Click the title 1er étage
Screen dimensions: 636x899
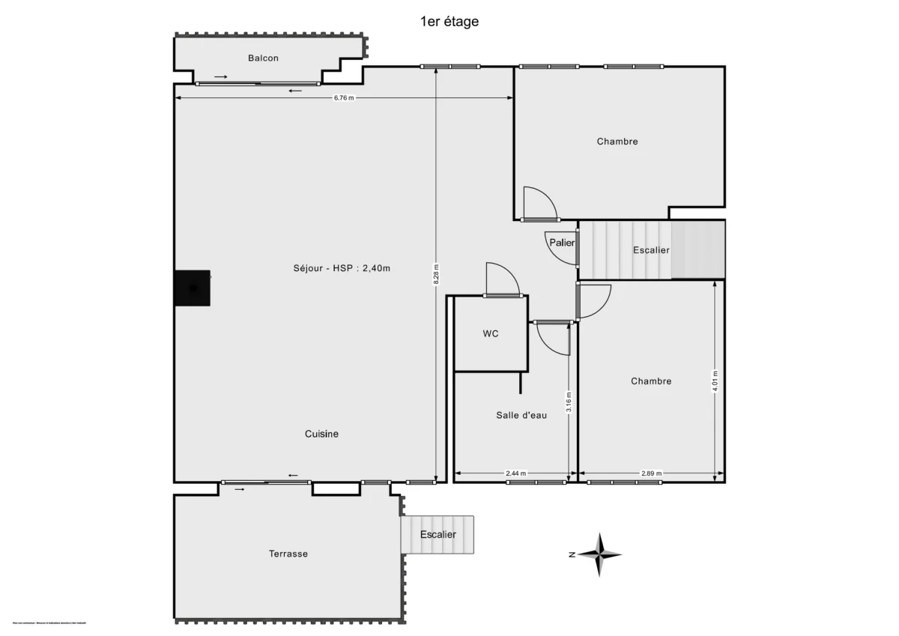[x=449, y=22]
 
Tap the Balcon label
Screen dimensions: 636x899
[x=264, y=58]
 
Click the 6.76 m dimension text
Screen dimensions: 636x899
[x=344, y=98]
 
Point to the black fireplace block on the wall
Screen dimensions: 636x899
[x=192, y=288]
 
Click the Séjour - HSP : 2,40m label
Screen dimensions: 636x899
[x=342, y=269]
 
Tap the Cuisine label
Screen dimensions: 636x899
[x=321, y=434]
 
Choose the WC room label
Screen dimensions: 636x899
[x=491, y=334]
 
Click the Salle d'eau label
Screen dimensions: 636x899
[x=521, y=415]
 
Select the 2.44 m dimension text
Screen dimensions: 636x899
[x=516, y=473]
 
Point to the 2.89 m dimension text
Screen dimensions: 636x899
[x=651, y=473]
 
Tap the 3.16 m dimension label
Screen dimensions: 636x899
[x=569, y=402]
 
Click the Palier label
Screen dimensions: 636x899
[x=562, y=243]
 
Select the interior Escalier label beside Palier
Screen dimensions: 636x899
[x=651, y=250]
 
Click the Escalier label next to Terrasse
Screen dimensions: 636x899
[x=438, y=535]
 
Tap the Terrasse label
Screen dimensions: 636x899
[x=288, y=554]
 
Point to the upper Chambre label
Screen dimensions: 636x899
[x=617, y=141]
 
